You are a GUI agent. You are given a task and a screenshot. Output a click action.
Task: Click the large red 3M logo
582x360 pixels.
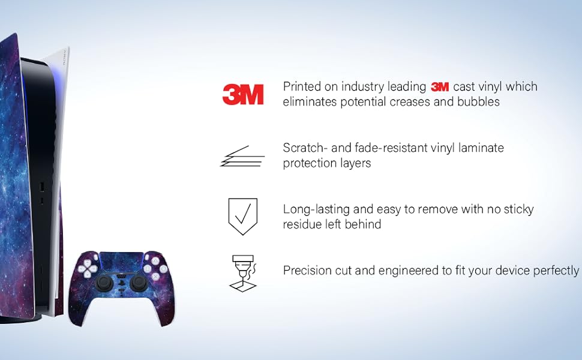click(243, 94)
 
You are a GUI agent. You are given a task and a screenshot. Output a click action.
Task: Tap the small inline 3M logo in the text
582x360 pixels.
click(440, 87)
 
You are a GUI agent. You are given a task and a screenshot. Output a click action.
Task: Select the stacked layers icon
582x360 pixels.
click(242, 156)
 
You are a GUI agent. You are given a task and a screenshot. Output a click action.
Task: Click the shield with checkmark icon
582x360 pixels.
click(243, 217)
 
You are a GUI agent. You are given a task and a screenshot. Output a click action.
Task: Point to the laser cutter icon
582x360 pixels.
click(243, 273)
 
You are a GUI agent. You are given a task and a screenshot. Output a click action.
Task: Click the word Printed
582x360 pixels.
click(302, 86)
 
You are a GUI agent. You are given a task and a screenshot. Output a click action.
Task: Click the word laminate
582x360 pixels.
click(481, 148)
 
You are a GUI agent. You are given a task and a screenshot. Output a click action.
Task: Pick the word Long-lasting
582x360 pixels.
click(316, 209)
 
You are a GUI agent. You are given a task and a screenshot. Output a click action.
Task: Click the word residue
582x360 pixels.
click(302, 224)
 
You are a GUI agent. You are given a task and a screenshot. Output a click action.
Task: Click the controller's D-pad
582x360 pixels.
click(88, 268)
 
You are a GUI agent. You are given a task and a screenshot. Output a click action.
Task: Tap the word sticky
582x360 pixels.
click(518, 209)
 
